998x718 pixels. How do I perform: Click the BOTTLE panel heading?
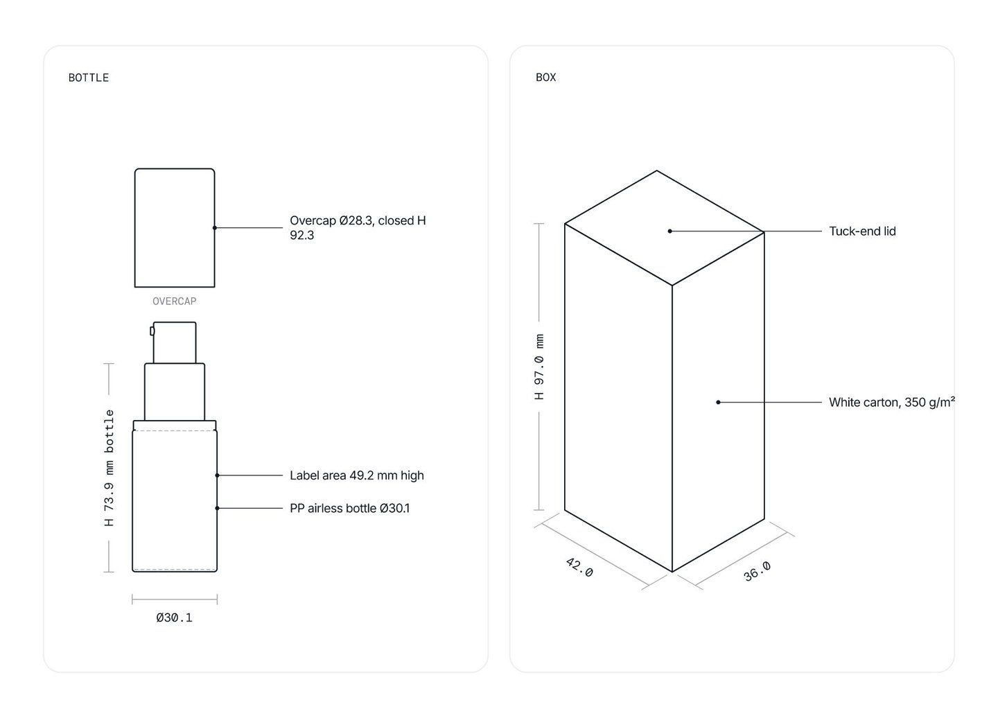click(x=88, y=78)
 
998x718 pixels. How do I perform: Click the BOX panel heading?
click(x=546, y=78)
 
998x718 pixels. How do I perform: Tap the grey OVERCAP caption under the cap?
click(x=174, y=301)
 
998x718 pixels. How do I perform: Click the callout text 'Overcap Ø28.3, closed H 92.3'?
click(x=358, y=227)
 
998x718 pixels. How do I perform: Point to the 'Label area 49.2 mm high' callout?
click(x=356, y=475)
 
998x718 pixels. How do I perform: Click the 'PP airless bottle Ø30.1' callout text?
click(x=349, y=508)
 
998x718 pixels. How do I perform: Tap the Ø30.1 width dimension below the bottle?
click(x=174, y=618)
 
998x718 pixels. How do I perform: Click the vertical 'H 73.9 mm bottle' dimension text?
click(x=110, y=468)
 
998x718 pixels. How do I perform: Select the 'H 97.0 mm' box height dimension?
click(x=539, y=367)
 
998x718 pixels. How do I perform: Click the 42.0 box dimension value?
click(x=579, y=567)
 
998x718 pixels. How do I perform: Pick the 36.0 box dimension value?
click(x=758, y=571)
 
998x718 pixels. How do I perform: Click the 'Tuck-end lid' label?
click(x=862, y=231)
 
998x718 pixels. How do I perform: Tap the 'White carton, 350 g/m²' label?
click(x=891, y=402)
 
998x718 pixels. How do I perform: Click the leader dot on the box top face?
click(x=669, y=231)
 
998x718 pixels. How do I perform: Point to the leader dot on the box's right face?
click(x=718, y=402)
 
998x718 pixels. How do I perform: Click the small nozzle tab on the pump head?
click(x=152, y=331)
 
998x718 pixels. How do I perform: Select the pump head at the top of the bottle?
click(x=175, y=342)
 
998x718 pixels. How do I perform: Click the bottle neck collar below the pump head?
click(x=175, y=392)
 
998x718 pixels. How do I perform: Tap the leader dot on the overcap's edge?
click(x=215, y=227)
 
